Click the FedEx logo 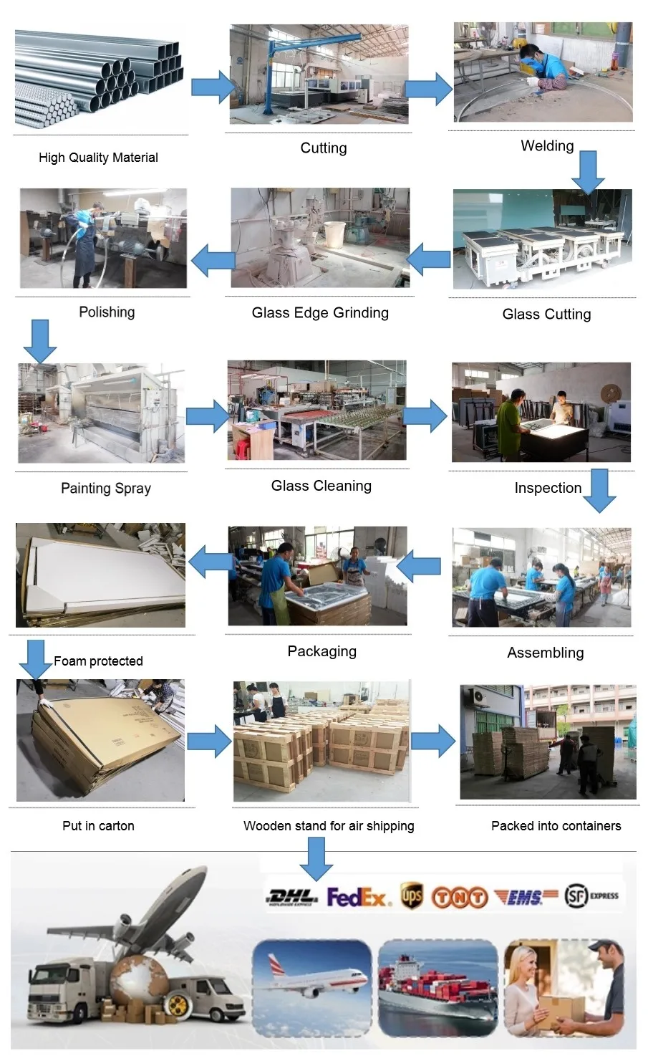tap(358, 897)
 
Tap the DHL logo tap(292, 897)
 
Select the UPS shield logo tap(411, 896)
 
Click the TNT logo tap(459, 897)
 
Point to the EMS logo tap(526, 897)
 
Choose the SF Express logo tap(591, 896)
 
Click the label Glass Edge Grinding tap(320, 313)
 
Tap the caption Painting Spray tap(106, 489)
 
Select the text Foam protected tap(98, 661)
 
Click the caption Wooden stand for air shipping tap(329, 826)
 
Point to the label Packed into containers tap(556, 826)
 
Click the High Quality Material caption tap(98, 158)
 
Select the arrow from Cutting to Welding tap(429, 88)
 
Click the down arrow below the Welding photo tap(588, 172)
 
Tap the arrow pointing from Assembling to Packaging tap(419, 567)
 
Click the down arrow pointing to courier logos tap(316, 858)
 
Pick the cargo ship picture tap(437, 988)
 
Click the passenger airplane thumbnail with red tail tap(311, 988)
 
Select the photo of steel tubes tap(99, 80)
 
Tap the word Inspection tap(548, 489)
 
